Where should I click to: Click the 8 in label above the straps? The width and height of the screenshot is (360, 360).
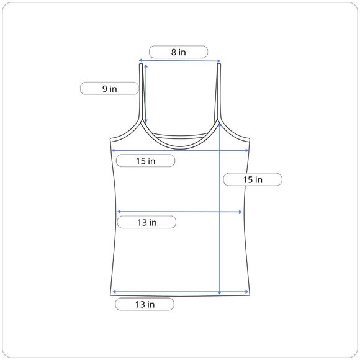point(178,52)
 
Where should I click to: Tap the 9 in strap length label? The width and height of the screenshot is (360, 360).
point(109,89)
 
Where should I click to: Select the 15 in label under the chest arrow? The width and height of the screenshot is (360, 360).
point(146,161)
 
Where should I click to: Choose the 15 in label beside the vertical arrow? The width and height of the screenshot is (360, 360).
point(253,179)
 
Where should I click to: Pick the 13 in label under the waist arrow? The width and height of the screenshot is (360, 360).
point(147,222)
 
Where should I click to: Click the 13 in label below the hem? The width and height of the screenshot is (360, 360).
point(145,304)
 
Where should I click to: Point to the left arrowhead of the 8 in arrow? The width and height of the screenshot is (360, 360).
point(140,60)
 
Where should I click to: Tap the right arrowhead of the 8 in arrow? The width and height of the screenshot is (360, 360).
point(219,61)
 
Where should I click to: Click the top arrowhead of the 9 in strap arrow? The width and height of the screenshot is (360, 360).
point(146,66)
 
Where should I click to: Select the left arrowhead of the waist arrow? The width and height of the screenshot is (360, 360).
point(119,212)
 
